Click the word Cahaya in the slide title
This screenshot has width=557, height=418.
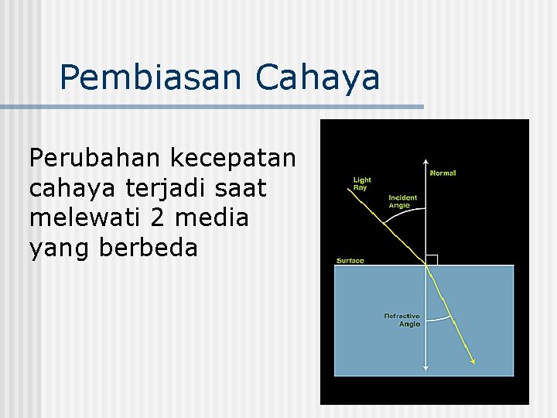click(317, 78)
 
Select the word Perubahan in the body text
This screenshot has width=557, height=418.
click(94, 158)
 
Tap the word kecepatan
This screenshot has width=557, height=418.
click(233, 158)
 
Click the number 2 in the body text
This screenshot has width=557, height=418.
click(158, 218)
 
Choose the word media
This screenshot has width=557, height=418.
click(210, 218)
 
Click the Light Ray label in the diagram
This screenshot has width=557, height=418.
click(362, 183)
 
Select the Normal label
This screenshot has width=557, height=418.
click(443, 173)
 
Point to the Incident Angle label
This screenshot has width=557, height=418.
click(402, 201)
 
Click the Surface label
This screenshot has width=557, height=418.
click(350, 261)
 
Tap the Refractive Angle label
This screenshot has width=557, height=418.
click(402, 320)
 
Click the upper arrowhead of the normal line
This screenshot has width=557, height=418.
click(426, 163)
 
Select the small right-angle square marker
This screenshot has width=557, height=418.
click(432, 260)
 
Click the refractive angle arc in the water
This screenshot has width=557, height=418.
click(438, 317)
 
